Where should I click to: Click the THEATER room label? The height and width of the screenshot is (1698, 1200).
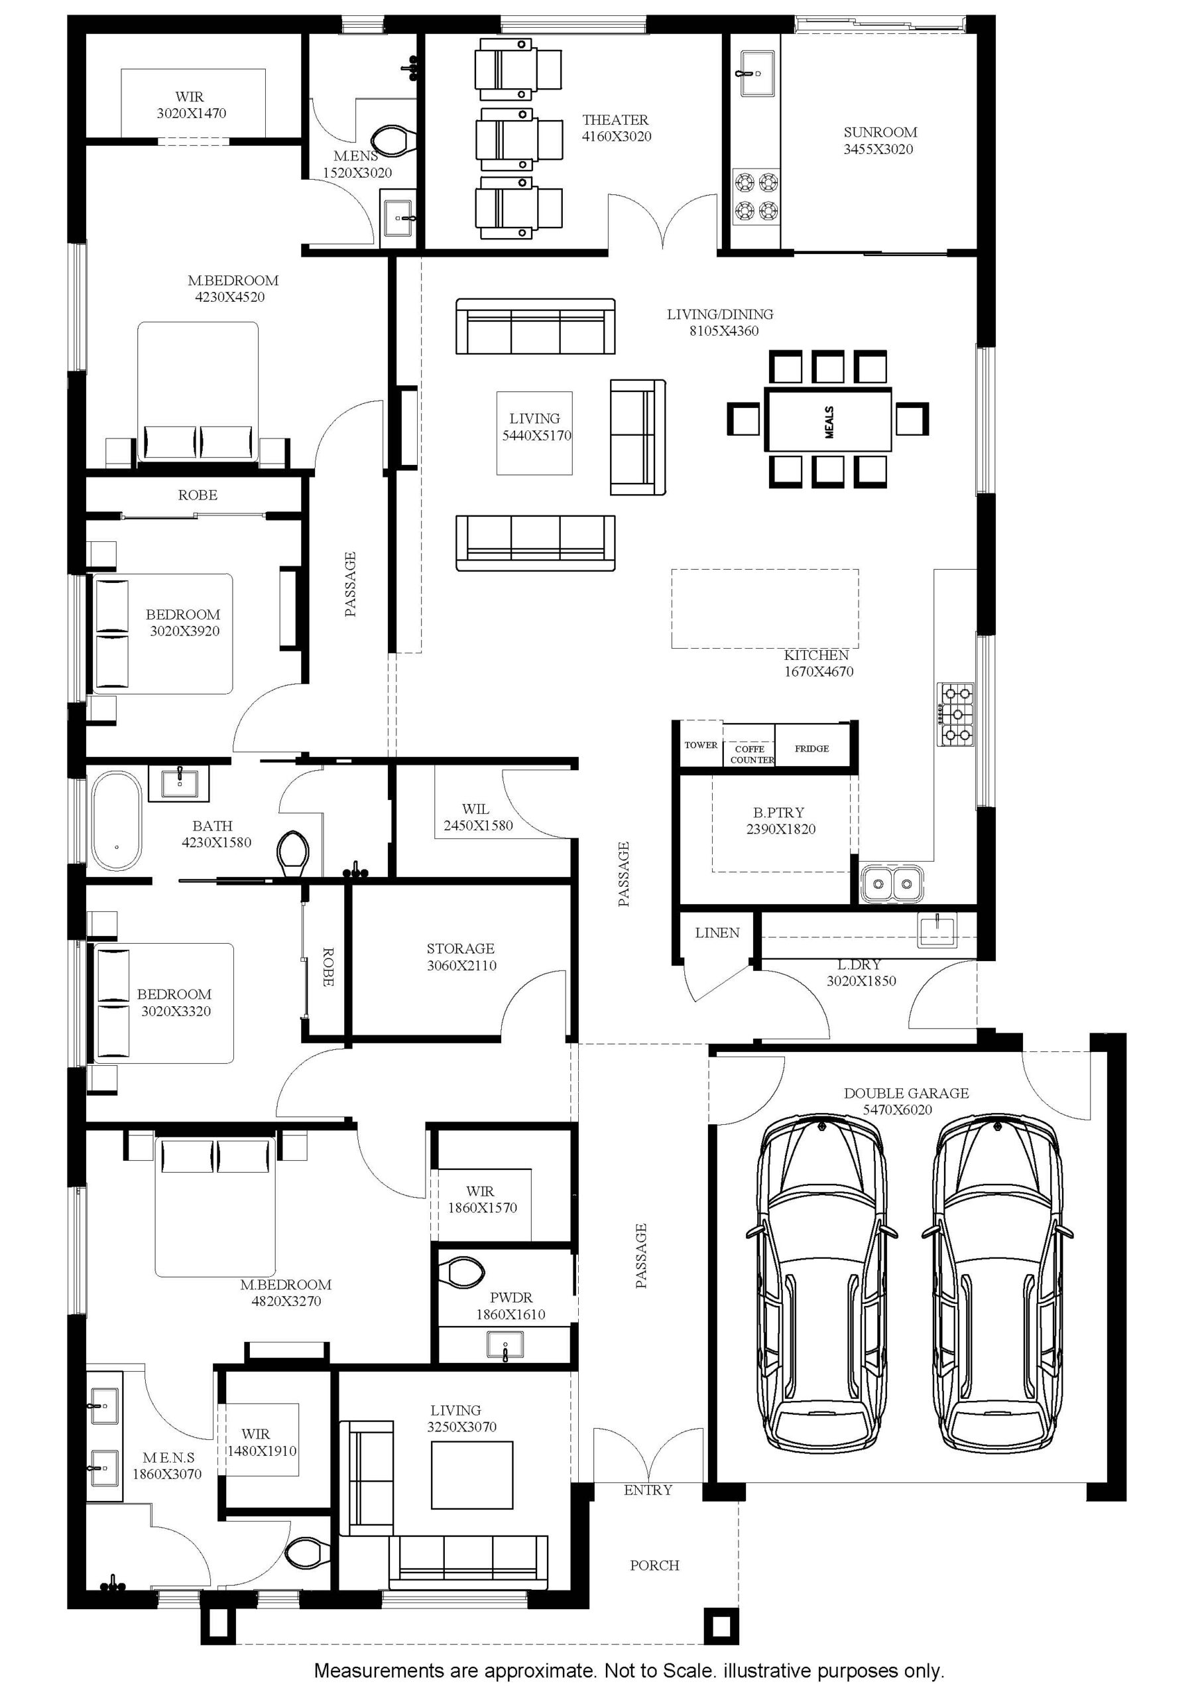(x=615, y=120)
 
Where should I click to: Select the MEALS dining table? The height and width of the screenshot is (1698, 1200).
(x=828, y=419)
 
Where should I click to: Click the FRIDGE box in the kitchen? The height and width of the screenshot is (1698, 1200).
(x=812, y=748)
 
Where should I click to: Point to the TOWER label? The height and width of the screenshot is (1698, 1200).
(x=700, y=745)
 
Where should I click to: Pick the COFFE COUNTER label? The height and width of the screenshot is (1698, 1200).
(x=752, y=754)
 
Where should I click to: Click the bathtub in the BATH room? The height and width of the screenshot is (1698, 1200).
(x=117, y=821)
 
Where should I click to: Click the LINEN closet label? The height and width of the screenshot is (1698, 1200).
(x=717, y=933)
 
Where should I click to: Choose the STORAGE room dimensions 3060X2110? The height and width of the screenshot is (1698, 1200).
(x=461, y=965)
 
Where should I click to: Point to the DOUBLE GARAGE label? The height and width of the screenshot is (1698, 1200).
(x=906, y=1093)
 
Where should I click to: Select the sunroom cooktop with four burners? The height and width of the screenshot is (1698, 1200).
(x=756, y=198)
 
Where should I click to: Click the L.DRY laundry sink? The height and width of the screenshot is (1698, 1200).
(x=937, y=930)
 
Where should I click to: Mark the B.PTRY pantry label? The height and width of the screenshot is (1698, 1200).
(x=778, y=812)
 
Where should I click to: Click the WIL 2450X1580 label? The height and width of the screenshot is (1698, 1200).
(x=477, y=817)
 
